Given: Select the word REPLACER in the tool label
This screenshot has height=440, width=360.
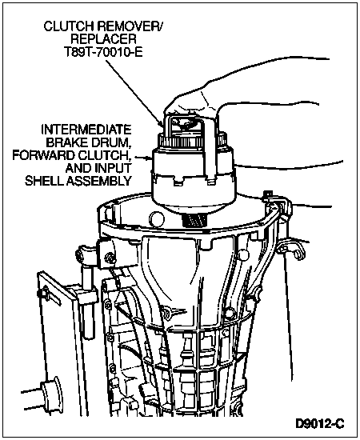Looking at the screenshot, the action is [103, 39].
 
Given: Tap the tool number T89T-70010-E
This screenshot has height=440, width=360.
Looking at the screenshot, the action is [103, 52].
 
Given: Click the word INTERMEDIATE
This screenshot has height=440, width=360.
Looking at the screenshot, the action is [86, 130].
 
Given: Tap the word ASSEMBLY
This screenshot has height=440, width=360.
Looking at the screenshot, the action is [98, 181].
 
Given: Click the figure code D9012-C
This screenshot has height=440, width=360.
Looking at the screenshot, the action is [319, 423].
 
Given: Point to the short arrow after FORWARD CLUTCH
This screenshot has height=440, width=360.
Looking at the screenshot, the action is [144, 158].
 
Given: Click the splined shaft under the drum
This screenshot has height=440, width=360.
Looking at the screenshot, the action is [194, 220].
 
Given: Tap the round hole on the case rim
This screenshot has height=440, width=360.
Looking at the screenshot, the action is [157, 219].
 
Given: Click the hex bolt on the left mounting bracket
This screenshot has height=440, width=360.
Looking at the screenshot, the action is [109, 257].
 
